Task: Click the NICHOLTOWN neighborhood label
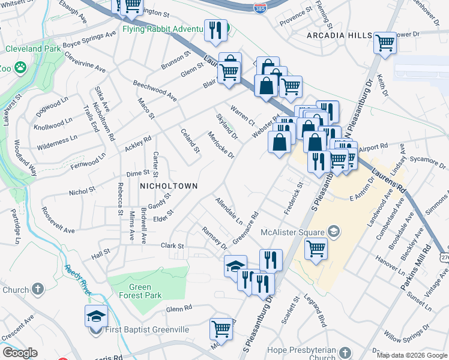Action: pyautogui.click(x=168, y=186)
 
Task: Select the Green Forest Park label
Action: pyautogui.click(x=140, y=291)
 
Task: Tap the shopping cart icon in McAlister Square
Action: pyautogui.click(x=316, y=247)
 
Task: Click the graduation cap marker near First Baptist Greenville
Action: pyautogui.click(x=96, y=316)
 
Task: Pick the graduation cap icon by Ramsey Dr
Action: pyautogui.click(x=235, y=266)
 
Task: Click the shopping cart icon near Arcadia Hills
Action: pyautogui.click(x=384, y=43)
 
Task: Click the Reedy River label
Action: pyautogui.click(x=78, y=277)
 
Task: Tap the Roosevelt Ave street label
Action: pyautogui.click(x=58, y=221)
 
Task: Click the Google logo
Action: pyautogui.click(x=20, y=353)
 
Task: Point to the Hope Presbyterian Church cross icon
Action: pyautogui.click(x=345, y=352)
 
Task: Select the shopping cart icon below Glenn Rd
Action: pyautogui.click(x=221, y=328)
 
